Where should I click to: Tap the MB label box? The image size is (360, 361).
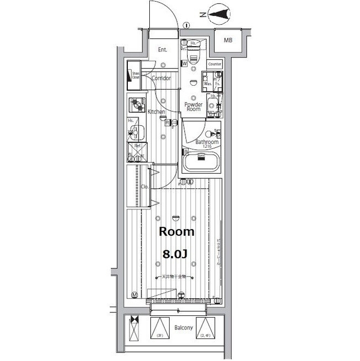[228, 41]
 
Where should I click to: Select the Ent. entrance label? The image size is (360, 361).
[162, 50]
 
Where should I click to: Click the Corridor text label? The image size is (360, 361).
[161, 78]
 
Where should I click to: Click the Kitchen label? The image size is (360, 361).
[156, 112]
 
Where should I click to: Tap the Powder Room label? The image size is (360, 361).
[193, 107]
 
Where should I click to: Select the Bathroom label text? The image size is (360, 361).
[207, 142]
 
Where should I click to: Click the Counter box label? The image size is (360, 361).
[215, 64]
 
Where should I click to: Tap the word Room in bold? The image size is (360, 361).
[176, 232]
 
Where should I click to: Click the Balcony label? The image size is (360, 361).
[184, 328]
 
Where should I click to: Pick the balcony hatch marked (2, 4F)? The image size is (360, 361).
[207, 327]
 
